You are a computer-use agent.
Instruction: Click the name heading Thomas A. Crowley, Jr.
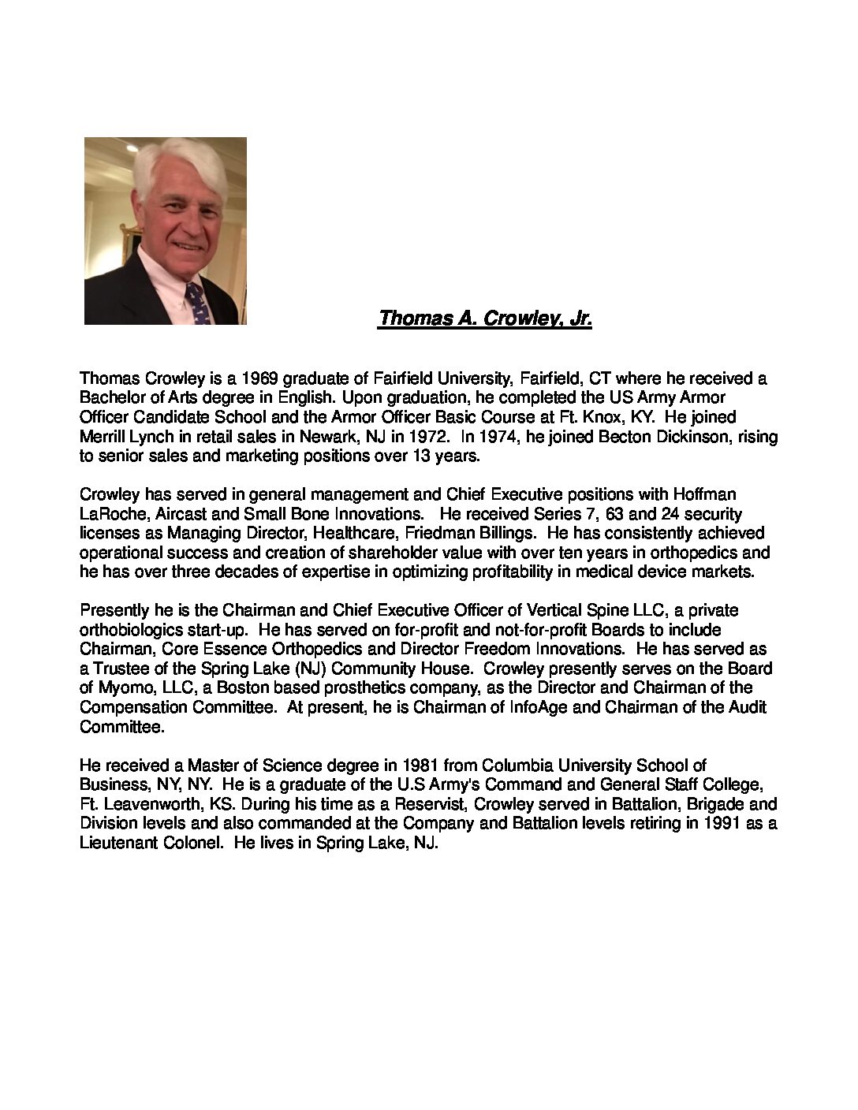[x=485, y=318]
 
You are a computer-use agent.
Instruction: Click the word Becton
[x=605, y=436]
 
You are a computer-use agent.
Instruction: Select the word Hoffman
[x=704, y=494]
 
